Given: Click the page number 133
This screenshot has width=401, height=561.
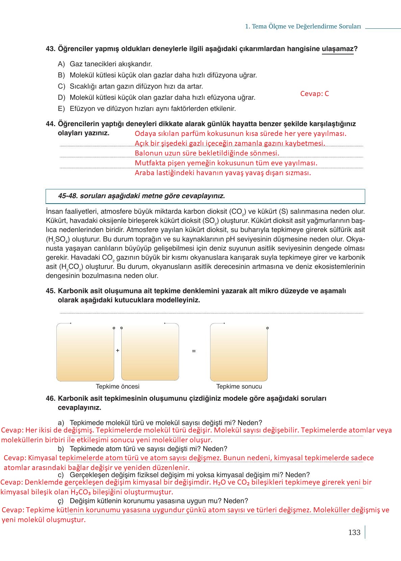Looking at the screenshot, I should (x=354, y=532).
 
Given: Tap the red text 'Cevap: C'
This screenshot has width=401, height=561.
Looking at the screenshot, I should (x=314, y=94).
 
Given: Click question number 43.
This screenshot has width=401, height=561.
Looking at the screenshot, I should (x=50, y=49).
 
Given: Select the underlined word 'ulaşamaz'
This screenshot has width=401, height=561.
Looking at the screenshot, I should (x=337, y=49).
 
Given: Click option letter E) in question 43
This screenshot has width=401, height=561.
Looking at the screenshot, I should (x=61, y=109).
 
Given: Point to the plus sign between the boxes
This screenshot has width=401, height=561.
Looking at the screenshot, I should (x=118, y=351).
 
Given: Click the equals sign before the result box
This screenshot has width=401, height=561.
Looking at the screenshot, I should (x=194, y=351).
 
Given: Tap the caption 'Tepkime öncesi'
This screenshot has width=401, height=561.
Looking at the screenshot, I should (x=118, y=387).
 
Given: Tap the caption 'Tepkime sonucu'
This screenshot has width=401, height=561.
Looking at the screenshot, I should (x=239, y=387).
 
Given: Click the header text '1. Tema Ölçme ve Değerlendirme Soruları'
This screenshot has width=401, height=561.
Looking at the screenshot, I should (x=303, y=26).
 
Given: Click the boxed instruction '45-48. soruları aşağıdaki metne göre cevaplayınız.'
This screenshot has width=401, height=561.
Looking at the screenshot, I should (x=141, y=196).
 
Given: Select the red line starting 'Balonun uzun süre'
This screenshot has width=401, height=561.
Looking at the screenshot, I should (x=207, y=153).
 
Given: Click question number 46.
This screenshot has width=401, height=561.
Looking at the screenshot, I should (x=50, y=399).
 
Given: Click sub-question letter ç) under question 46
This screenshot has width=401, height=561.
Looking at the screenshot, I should (x=61, y=501).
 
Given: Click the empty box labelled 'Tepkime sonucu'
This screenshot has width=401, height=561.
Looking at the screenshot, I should (x=239, y=352).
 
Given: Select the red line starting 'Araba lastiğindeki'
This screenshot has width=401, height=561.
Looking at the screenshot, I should (x=223, y=173).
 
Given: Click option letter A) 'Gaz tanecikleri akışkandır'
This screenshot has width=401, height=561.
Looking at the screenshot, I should (x=61, y=64).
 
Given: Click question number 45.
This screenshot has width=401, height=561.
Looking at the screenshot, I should (x=50, y=291).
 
